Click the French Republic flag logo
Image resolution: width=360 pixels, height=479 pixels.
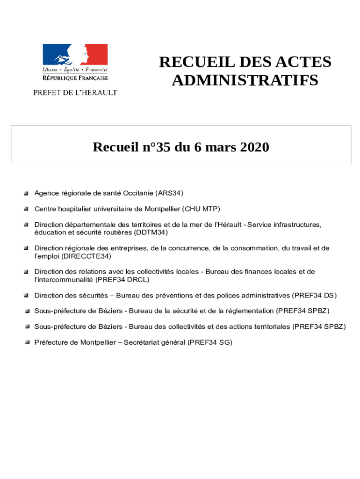click(x=75, y=55)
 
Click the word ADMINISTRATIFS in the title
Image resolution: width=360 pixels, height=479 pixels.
click(x=245, y=80)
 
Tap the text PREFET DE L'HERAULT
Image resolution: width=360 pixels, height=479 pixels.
click(x=75, y=93)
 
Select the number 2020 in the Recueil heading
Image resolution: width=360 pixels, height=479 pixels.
click(x=255, y=147)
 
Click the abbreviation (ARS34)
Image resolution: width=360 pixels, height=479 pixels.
click(x=170, y=193)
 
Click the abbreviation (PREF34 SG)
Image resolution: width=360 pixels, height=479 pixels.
click(x=210, y=342)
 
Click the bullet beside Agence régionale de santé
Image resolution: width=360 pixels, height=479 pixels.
click(x=28, y=193)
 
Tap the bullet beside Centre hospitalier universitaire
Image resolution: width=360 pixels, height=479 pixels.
click(x=28, y=209)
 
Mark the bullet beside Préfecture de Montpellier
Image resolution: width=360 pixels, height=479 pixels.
click(x=28, y=342)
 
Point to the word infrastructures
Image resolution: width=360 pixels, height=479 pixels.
click(x=296, y=225)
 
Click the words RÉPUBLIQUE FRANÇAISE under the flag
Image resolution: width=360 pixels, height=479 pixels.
click(x=75, y=78)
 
